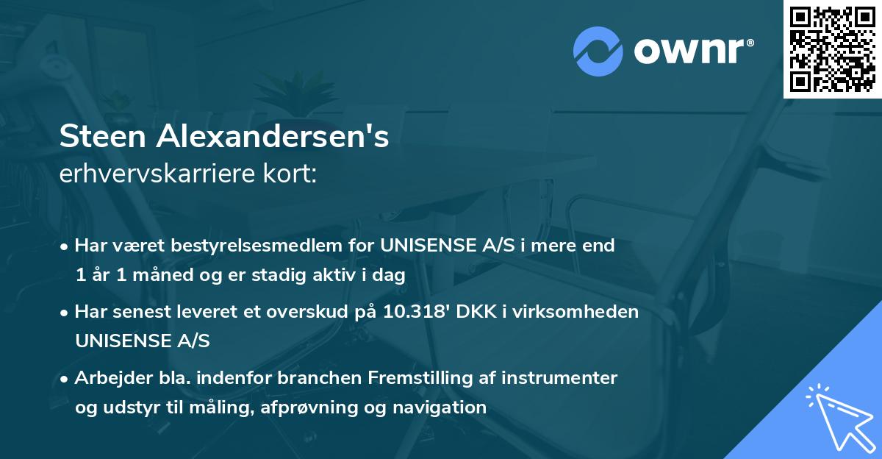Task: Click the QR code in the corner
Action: [x=833, y=49]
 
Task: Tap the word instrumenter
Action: [x=569, y=378]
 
